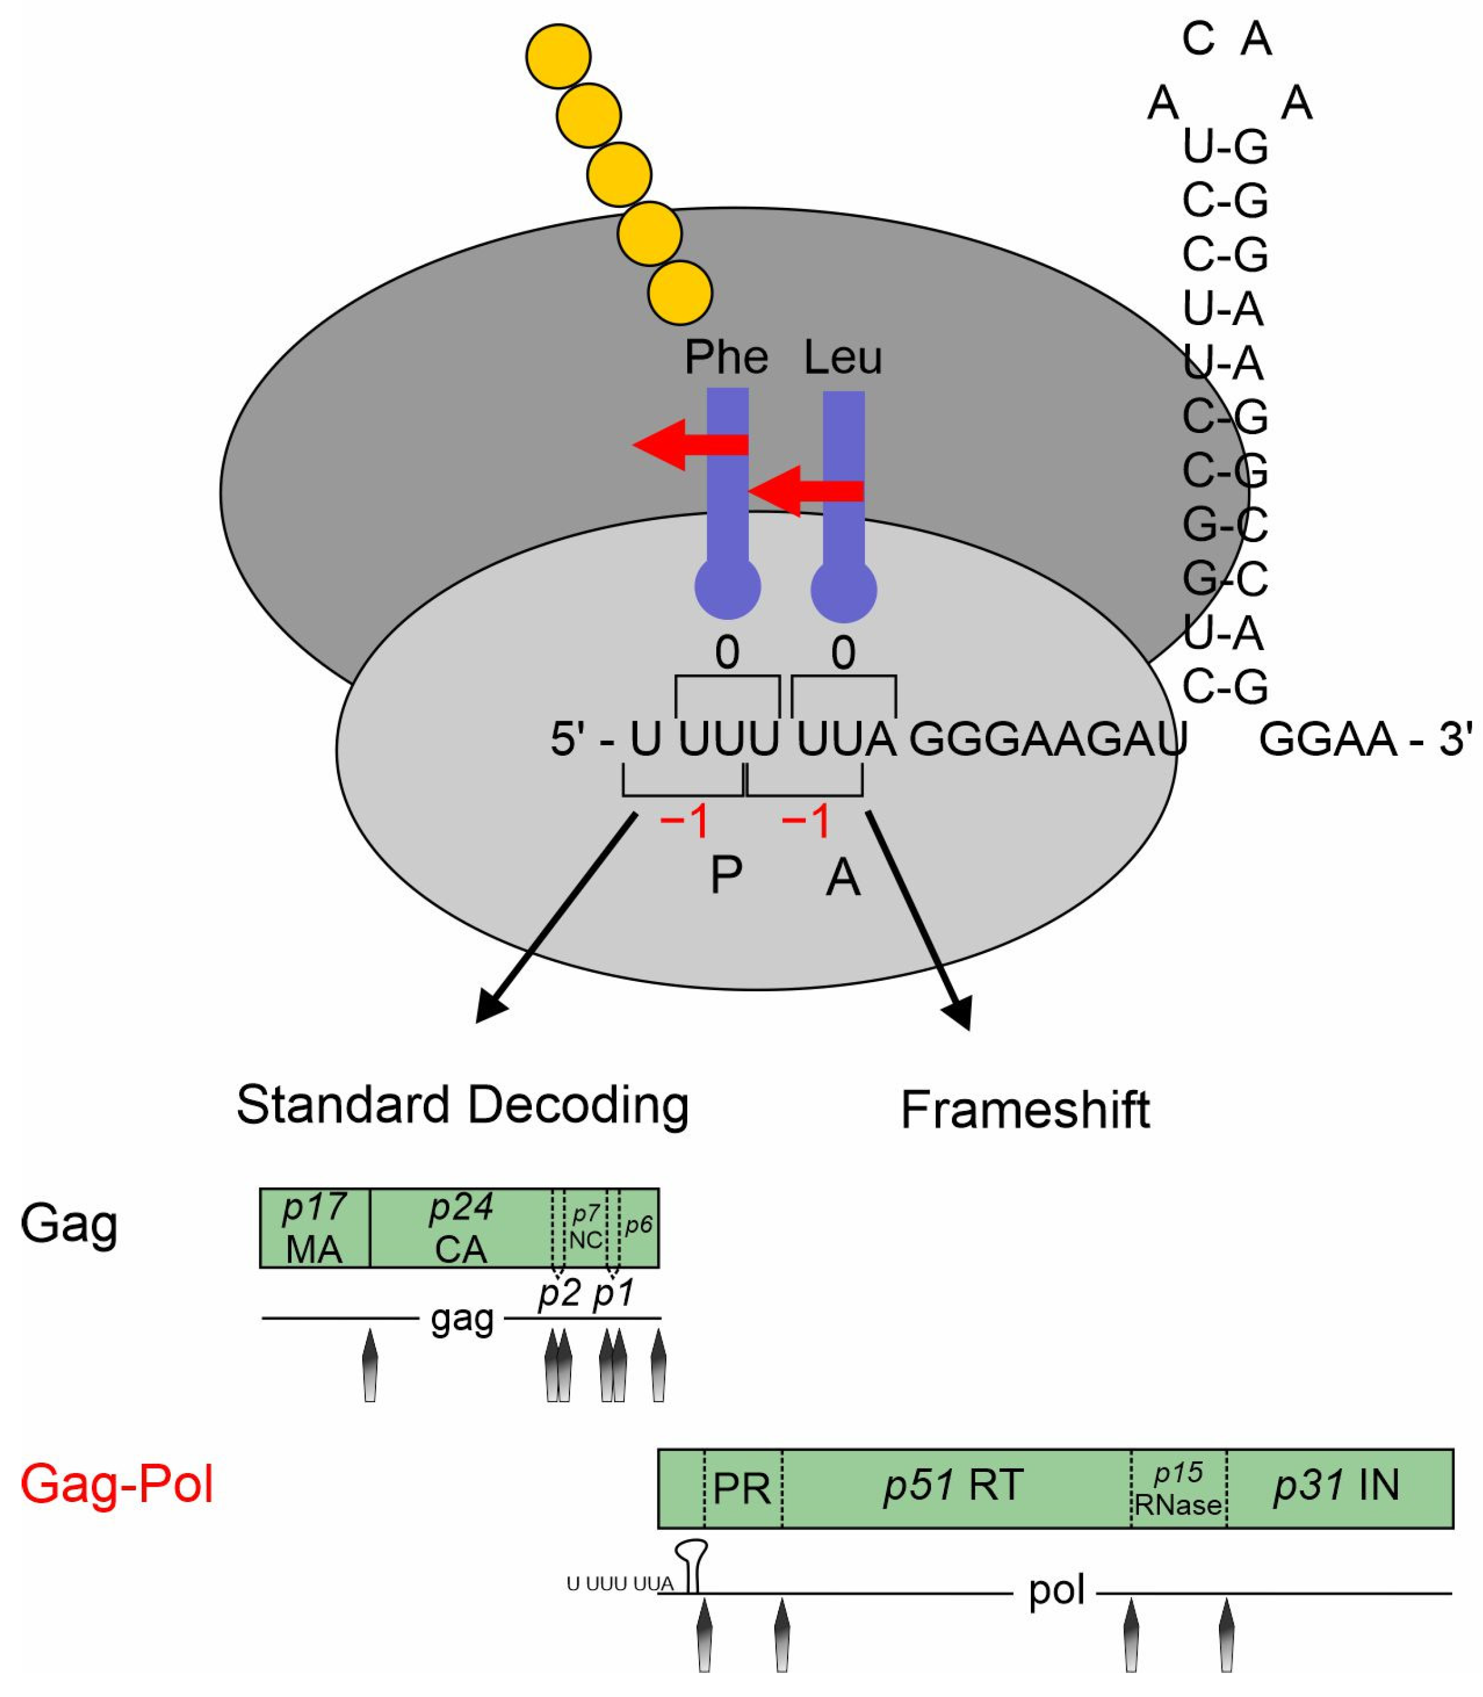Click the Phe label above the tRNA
tap(726, 357)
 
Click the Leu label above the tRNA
tap(843, 357)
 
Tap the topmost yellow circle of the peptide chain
tap(558, 56)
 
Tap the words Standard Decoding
tap(462, 1105)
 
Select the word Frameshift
tap(1025, 1110)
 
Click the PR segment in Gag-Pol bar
tap(741, 1488)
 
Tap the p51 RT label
tap(953, 1485)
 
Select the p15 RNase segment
tap(1178, 1488)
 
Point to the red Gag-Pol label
tap(117, 1484)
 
